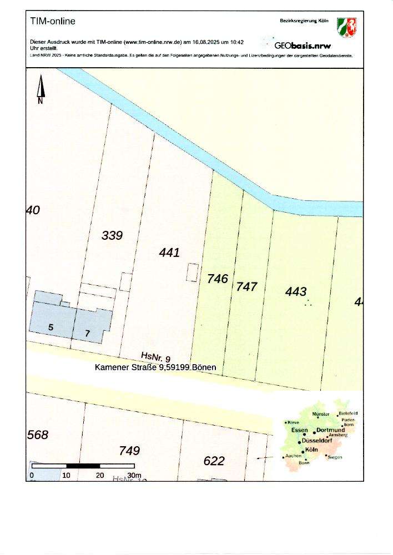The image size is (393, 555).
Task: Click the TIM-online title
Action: click(x=53, y=22)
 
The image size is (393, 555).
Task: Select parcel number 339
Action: click(x=112, y=235)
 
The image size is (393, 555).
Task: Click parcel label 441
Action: click(x=169, y=253)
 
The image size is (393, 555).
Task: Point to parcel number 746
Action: click(x=218, y=279)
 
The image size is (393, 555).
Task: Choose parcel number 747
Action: click(x=247, y=286)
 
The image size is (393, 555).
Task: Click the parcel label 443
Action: click(x=296, y=291)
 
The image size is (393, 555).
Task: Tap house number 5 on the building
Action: click(x=51, y=327)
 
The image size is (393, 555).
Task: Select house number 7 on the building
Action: click(x=87, y=333)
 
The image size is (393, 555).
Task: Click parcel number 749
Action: click(x=129, y=451)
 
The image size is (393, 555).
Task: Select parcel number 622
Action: click(x=214, y=461)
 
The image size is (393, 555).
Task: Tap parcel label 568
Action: click(x=38, y=435)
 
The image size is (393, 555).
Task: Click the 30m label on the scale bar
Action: click(x=134, y=476)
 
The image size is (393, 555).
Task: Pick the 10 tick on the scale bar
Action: click(x=67, y=476)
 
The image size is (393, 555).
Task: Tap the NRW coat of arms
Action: click(x=347, y=27)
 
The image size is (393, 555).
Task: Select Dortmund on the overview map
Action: click(x=331, y=431)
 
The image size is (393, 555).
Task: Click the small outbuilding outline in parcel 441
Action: click(x=192, y=272)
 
